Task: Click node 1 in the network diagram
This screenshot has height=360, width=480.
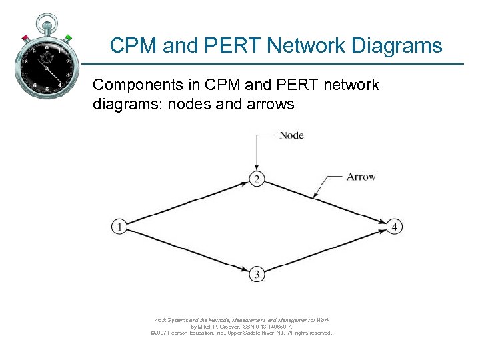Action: click(119, 227)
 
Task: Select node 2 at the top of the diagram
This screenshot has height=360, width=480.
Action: click(256, 179)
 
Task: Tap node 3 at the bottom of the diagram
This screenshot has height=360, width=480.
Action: click(256, 274)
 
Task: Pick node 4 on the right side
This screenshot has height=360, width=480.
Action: click(395, 227)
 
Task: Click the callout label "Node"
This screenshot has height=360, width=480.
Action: click(291, 135)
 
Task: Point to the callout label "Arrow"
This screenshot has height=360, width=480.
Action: click(361, 177)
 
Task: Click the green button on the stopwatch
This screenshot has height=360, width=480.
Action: click(67, 38)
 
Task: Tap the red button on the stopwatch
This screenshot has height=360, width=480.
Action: click(25, 38)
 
